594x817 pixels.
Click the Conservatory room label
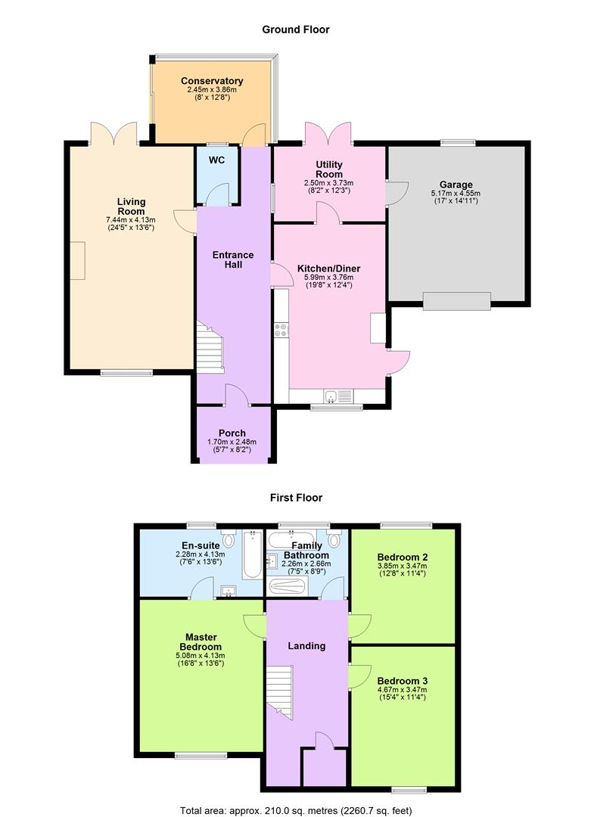click(x=212, y=81)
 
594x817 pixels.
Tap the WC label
click(x=216, y=160)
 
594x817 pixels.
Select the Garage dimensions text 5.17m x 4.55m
click(x=456, y=193)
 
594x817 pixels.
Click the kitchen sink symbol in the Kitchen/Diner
click(x=333, y=396)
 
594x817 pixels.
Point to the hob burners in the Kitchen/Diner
click(x=281, y=330)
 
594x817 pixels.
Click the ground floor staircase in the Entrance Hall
click(x=210, y=346)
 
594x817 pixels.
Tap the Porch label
click(x=232, y=433)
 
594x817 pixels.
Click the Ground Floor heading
click(x=296, y=30)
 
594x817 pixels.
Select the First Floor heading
click(x=296, y=498)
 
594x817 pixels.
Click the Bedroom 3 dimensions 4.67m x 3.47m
click(x=402, y=689)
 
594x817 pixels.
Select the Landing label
click(x=306, y=646)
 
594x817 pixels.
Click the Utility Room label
click(x=329, y=169)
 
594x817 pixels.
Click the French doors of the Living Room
click(x=114, y=134)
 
